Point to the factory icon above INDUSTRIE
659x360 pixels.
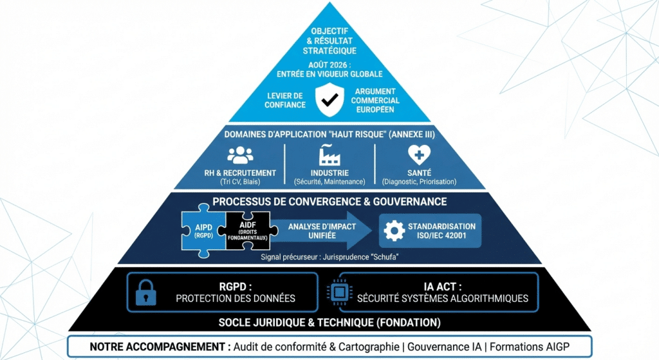point(329,155)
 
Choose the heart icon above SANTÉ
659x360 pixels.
point(419,155)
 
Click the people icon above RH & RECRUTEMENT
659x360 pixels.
point(239,155)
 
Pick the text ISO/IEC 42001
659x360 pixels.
point(441,236)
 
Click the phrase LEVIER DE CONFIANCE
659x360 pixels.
point(285,100)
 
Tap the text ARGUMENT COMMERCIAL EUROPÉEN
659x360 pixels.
point(376,100)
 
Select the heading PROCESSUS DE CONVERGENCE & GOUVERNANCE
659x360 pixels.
point(329,202)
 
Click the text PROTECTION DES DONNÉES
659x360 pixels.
point(236,298)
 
